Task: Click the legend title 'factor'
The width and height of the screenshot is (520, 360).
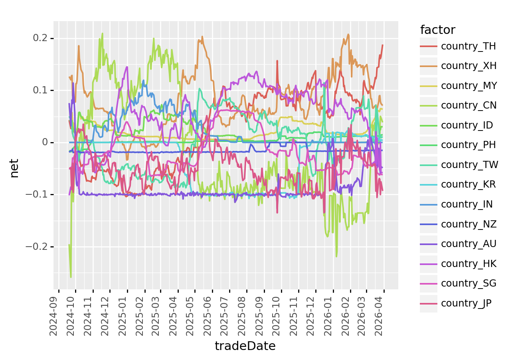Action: (x=438, y=30)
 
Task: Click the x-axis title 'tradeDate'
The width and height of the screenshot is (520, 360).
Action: (x=245, y=346)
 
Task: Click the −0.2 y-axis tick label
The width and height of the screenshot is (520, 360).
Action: (x=39, y=247)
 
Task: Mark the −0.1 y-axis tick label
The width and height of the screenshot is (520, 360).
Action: (x=39, y=194)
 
